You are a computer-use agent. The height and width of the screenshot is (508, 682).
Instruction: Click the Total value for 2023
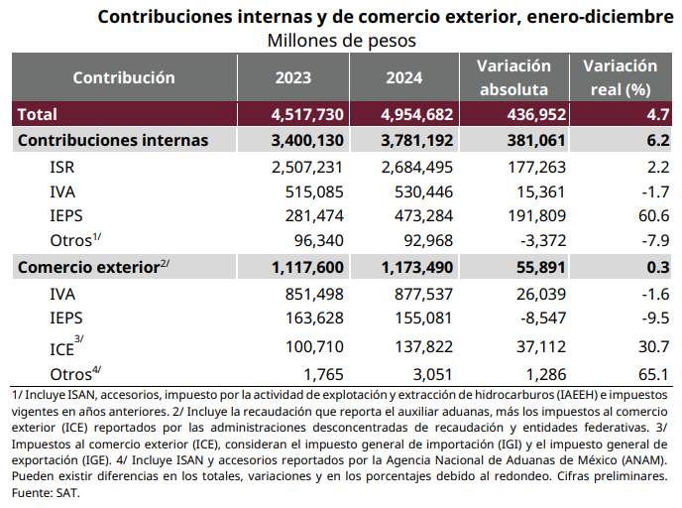(x=307, y=114)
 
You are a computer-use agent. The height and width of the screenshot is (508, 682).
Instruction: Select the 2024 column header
(x=404, y=78)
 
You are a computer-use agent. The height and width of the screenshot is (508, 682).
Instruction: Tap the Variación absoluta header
(x=514, y=78)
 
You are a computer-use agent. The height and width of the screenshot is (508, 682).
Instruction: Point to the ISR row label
(x=62, y=167)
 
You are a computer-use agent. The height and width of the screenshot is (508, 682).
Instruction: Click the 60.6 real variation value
(x=653, y=216)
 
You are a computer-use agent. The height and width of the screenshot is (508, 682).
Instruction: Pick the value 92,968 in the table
(x=428, y=241)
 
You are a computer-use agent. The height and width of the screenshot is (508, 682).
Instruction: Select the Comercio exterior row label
(x=93, y=267)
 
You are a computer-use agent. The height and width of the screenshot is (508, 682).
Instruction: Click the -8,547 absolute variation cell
(x=543, y=318)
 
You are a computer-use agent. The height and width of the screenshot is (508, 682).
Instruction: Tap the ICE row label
(x=66, y=347)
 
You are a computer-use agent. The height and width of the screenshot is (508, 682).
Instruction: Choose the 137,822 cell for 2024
(x=424, y=347)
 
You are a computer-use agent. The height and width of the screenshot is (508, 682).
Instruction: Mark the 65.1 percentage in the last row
(x=653, y=375)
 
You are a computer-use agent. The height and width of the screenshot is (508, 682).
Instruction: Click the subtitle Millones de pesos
(x=341, y=41)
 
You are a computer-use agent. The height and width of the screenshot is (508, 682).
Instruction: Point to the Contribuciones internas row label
(x=113, y=141)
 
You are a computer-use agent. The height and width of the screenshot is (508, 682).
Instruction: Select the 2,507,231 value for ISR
(x=307, y=167)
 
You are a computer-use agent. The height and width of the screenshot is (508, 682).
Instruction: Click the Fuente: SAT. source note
(x=46, y=493)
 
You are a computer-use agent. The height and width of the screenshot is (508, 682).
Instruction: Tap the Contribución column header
(x=124, y=78)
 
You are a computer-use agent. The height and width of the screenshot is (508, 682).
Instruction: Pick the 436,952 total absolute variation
(x=536, y=114)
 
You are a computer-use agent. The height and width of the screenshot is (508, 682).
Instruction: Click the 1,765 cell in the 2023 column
(x=323, y=375)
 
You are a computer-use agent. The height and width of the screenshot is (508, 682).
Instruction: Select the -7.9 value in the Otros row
(x=655, y=241)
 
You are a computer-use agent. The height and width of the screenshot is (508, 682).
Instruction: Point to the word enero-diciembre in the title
(x=601, y=17)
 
